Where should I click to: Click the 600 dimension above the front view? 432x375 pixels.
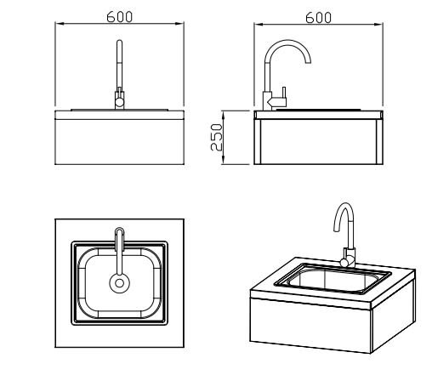click(119, 17)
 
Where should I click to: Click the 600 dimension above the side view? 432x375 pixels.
click(318, 18)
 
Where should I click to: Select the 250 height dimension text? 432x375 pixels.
click(217, 137)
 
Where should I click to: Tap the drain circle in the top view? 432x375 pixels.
click(119, 283)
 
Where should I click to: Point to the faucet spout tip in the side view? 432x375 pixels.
click(308, 62)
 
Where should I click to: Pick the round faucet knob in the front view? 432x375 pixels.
click(119, 102)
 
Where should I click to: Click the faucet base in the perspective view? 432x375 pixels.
click(349, 258)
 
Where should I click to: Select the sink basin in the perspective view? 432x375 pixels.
click(333, 279)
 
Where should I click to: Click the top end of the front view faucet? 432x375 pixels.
click(119, 41)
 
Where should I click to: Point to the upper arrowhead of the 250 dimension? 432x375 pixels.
click(223, 113)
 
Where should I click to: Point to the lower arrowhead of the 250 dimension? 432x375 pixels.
click(223, 161)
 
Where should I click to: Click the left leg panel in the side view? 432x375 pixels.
click(258, 141)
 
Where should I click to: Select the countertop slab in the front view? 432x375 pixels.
click(119, 115)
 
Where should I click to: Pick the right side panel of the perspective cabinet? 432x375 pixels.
click(394, 315)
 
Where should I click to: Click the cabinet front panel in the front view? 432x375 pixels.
click(119, 142)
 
